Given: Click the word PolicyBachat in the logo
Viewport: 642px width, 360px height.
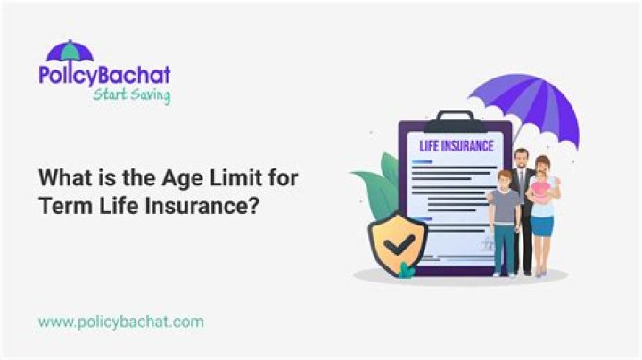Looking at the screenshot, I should [x=104, y=74].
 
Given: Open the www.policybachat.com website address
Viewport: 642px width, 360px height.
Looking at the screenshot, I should [x=120, y=320].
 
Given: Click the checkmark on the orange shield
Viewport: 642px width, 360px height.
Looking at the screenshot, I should [x=398, y=242].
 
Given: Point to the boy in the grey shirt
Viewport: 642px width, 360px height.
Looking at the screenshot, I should [x=504, y=214].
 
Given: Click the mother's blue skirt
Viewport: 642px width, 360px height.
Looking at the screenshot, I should [x=542, y=226].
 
